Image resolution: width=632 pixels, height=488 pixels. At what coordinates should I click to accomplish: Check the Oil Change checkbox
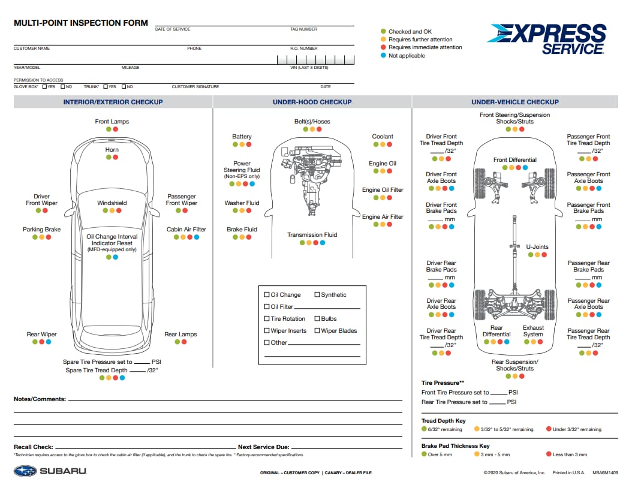click(x=267, y=294)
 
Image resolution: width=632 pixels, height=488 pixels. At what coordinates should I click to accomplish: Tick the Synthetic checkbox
click(x=317, y=294)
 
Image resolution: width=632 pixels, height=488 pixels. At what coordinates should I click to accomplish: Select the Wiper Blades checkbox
click(x=317, y=330)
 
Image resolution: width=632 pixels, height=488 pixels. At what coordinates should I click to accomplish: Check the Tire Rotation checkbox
click(x=267, y=318)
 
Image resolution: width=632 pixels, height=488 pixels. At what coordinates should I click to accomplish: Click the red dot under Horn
click(x=116, y=157)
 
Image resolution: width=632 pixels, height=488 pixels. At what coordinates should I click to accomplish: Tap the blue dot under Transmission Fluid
click(x=323, y=243)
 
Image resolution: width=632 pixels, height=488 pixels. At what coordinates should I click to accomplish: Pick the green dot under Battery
click(x=235, y=144)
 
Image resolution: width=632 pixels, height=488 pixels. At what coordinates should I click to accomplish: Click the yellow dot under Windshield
click(x=112, y=210)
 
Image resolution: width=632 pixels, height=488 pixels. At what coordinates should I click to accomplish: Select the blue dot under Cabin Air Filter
click(x=197, y=237)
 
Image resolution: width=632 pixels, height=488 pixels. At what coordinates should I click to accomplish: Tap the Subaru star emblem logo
click(x=25, y=471)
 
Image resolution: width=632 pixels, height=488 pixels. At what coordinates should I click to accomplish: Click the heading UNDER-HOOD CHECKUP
click(x=312, y=102)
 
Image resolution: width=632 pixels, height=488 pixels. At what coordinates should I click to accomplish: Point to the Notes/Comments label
click(x=40, y=399)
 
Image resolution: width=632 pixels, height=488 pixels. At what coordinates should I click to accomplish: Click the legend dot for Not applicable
click(x=383, y=55)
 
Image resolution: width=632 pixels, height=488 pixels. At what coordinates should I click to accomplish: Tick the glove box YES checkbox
click(x=45, y=86)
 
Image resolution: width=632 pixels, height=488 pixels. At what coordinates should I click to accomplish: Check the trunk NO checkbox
click(x=123, y=86)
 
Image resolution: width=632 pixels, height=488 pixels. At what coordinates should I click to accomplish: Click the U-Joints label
click(x=537, y=246)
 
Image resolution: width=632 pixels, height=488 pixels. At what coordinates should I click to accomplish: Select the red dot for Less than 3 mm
click(x=549, y=454)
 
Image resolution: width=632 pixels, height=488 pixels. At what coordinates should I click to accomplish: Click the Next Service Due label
click(x=263, y=447)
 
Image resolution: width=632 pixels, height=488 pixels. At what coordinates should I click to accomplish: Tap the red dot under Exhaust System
click(x=540, y=342)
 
